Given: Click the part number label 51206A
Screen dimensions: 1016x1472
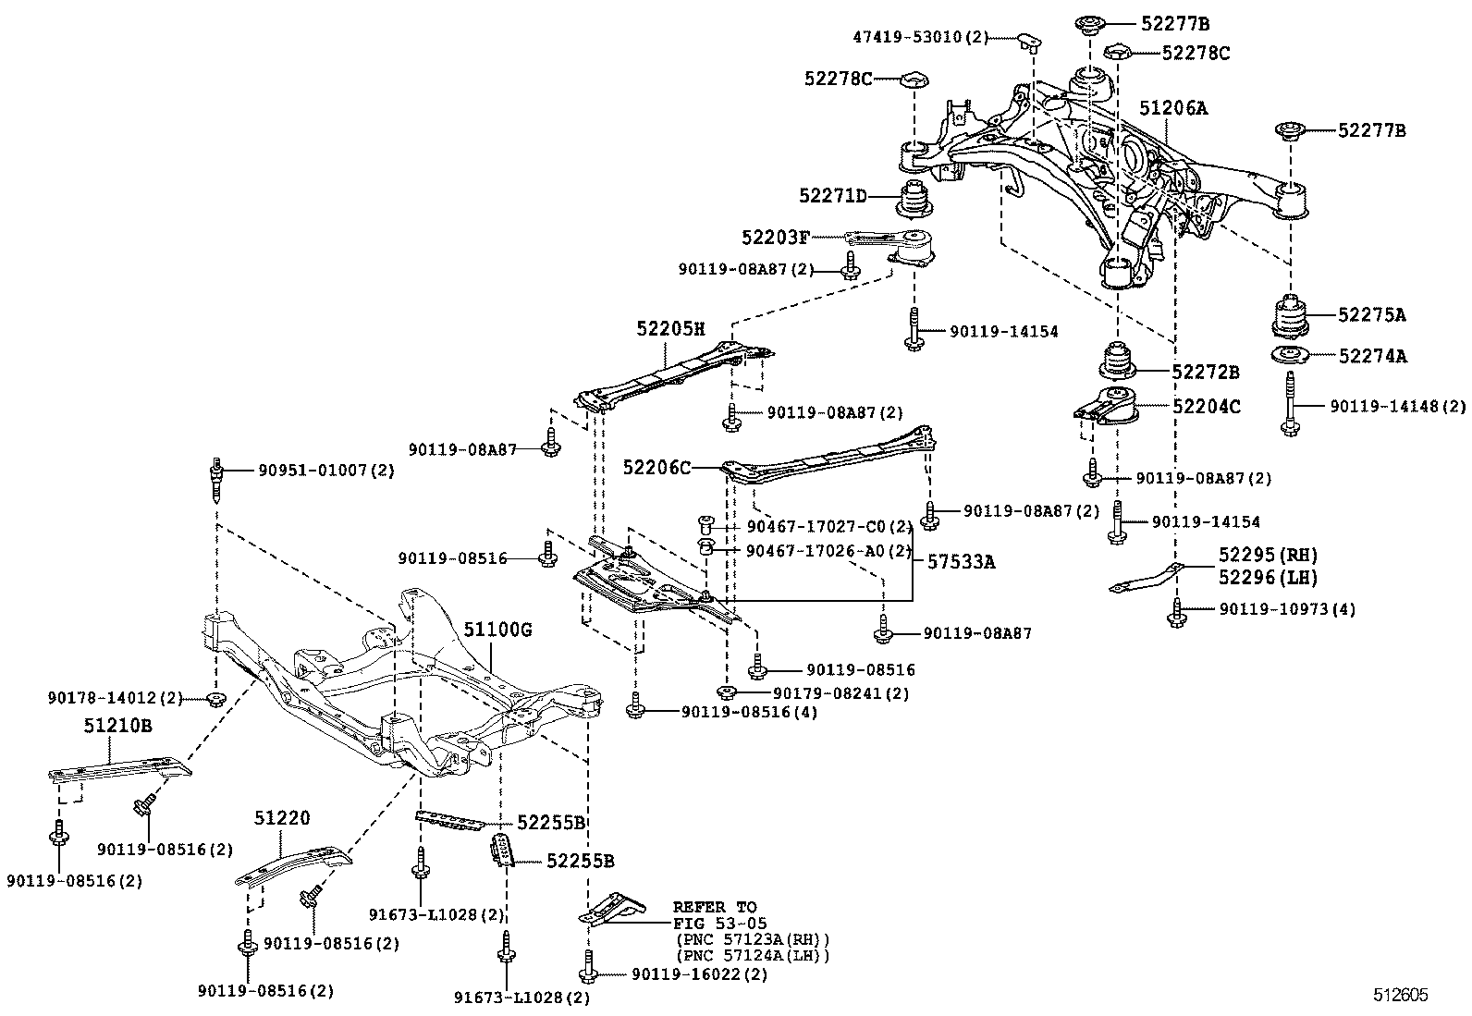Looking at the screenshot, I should coord(1172,108).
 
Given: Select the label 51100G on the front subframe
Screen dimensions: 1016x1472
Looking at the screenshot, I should coord(498,630).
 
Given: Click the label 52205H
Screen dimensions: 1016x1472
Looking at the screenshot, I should coord(670,328).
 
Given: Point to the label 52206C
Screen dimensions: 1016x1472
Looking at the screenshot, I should coord(656,468).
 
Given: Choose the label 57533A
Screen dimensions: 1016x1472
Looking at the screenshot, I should coord(962,561).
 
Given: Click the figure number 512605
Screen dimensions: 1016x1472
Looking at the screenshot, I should coord(1399,995).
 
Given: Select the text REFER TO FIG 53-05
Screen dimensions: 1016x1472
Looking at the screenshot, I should coord(714,914).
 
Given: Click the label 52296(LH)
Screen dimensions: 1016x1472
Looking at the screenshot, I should coord(1267,577).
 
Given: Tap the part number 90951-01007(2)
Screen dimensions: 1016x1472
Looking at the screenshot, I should coord(325,471).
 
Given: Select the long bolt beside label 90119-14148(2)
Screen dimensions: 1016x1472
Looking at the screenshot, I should coord(1289,403).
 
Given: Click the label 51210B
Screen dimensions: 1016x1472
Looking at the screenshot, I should coord(117,726).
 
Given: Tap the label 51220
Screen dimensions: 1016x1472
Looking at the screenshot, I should coord(282,818).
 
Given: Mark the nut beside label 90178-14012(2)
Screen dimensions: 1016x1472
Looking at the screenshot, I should coord(215,697).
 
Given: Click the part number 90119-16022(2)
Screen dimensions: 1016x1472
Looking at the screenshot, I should coord(699,974).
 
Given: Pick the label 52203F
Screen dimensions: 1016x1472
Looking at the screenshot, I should coord(775,238).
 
